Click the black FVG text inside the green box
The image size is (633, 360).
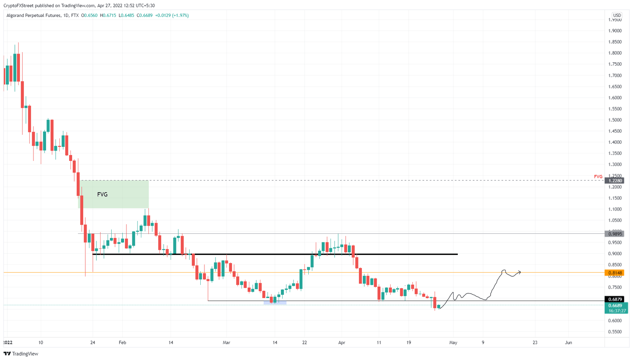point(102,194)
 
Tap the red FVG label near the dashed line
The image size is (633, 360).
point(598,176)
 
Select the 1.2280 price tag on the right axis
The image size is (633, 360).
point(614,181)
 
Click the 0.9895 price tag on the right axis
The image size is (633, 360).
point(614,234)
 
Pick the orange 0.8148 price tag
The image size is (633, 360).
point(614,273)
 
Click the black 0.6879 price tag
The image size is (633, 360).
point(614,299)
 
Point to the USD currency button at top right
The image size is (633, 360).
point(617,15)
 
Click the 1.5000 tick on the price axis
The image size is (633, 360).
point(615,120)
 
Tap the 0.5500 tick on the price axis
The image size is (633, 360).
point(615,332)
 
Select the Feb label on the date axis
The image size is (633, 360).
point(122,342)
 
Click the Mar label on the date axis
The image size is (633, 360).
point(226,342)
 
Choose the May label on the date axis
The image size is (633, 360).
point(453,342)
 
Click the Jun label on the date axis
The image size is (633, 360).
point(568,342)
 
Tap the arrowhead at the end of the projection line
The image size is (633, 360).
point(520,272)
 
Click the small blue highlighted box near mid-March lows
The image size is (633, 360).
point(275,303)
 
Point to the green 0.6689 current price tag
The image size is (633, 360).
point(615,306)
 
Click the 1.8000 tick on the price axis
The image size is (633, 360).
point(615,53)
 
